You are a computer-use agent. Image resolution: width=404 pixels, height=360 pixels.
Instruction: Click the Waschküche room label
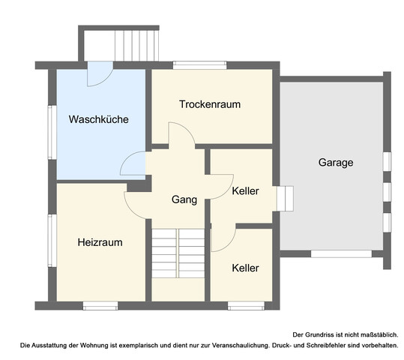point(98,119)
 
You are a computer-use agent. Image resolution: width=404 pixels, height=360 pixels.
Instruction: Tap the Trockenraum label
point(209,104)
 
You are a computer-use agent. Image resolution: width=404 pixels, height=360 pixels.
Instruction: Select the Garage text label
point(335,162)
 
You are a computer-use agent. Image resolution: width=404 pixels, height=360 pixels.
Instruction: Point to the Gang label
point(184,199)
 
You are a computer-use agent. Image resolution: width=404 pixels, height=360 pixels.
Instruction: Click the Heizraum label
point(100,242)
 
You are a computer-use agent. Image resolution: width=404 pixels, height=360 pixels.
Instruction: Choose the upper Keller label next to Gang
point(245,191)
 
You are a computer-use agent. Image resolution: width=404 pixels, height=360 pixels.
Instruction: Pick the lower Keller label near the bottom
point(245,268)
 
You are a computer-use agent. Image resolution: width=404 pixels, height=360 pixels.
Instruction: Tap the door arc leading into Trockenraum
point(181,135)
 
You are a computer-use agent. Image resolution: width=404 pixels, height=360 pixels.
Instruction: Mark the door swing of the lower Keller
point(223,238)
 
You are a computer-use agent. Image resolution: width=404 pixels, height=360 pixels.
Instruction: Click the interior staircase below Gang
point(178,253)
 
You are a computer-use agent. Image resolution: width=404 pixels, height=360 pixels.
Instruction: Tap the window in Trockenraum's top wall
point(199,65)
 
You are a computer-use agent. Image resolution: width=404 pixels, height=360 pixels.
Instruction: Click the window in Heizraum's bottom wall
point(100,304)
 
